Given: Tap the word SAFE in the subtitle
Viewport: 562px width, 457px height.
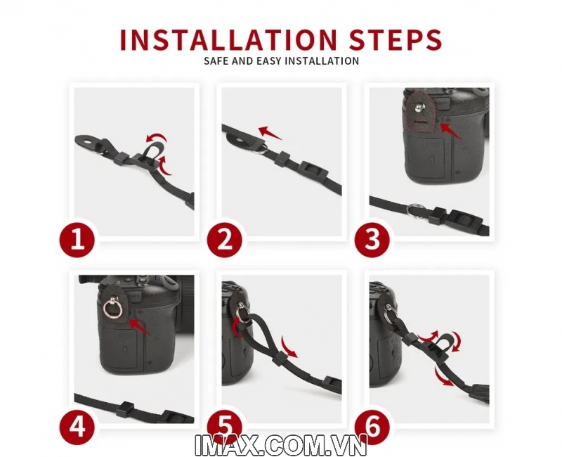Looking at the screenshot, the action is [x=216, y=60].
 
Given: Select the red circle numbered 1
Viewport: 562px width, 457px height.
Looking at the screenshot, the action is [x=77, y=239].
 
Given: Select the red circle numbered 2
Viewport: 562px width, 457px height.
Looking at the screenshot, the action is [x=225, y=239].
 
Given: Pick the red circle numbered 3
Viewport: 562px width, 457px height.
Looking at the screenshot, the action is [x=372, y=239].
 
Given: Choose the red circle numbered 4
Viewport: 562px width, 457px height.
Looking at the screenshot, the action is [x=77, y=427].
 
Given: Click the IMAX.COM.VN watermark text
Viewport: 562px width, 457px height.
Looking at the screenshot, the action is [x=280, y=445].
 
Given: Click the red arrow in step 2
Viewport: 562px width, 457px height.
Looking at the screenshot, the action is [x=270, y=132].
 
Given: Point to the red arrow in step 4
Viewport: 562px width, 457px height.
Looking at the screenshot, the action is [x=140, y=327].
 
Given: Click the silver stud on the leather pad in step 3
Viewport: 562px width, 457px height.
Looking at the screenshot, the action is [x=419, y=107].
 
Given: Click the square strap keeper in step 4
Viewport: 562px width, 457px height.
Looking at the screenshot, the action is [x=126, y=408].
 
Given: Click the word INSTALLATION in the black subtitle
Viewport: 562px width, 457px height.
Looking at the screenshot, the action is [x=322, y=60].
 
